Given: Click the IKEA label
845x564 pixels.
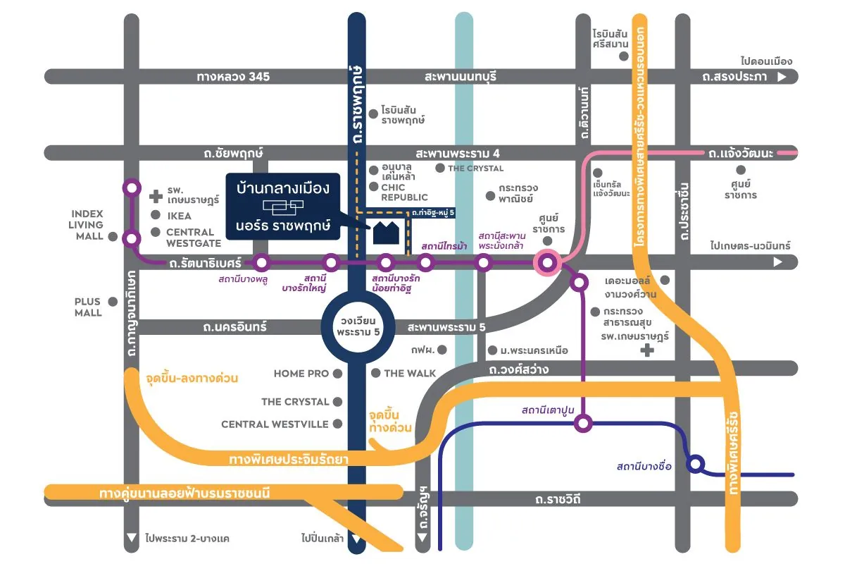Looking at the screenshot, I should point(179,216).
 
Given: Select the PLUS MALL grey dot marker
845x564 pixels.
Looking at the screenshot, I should point(113,302).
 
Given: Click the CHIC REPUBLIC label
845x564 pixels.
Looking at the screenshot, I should point(404,192).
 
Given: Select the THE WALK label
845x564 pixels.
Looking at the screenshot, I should point(411,373).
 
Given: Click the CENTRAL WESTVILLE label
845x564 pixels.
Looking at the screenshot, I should point(275,424).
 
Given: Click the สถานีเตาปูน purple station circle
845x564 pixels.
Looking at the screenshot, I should point(583,424).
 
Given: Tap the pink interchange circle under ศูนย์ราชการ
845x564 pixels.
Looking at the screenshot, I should point(547,263).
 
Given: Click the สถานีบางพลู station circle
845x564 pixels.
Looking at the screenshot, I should point(262,263).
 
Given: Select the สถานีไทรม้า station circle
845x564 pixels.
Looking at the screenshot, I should point(425,263).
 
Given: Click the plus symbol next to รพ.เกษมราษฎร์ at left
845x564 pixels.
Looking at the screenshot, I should point(156,194).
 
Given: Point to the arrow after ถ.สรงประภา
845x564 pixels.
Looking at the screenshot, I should point(781,78).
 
